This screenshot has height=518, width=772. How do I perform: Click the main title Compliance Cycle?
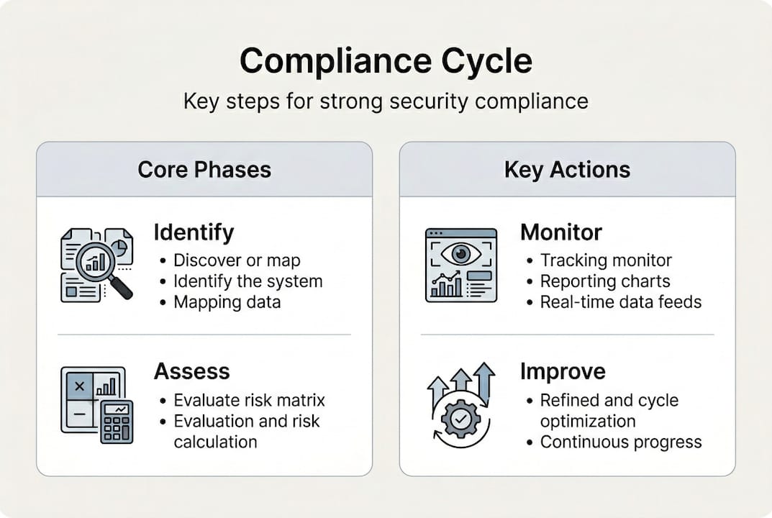pyautogui.click(x=386, y=62)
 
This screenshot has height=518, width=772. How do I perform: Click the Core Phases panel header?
pyautogui.click(x=204, y=170)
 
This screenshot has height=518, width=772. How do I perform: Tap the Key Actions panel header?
pyautogui.click(x=567, y=170)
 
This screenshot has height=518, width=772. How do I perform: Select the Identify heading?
pyautogui.click(x=194, y=232)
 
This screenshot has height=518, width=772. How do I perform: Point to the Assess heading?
pyautogui.click(x=191, y=371)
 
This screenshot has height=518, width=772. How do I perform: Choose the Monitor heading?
pyautogui.click(x=561, y=232)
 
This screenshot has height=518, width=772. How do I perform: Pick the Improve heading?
pyautogui.click(x=563, y=371)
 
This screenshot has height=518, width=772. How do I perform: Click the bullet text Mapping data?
pyautogui.click(x=227, y=302)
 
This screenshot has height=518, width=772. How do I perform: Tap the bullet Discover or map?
pyautogui.click(x=237, y=260)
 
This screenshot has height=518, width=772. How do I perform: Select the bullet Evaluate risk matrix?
pyautogui.click(x=249, y=400)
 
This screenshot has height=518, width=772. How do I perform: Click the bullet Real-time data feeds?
pyautogui.click(x=620, y=302)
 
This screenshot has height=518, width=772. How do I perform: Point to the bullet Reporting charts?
pyautogui.click(x=605, y=281)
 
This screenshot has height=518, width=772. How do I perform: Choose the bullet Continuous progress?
pyautogui.click(x=620, y=442)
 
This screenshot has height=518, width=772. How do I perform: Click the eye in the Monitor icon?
pyautogui.click(x=460, y=254)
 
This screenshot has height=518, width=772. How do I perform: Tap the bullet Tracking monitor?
pyautogui.click(x=606, y=260)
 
